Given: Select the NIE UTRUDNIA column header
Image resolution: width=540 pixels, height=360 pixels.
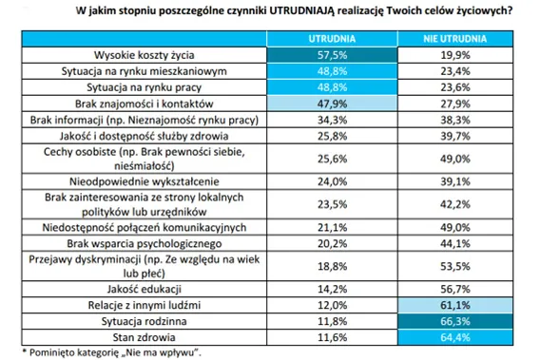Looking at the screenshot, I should (x=456, y=39).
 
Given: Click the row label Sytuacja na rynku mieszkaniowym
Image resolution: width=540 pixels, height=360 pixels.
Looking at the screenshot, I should (x=142, y=71).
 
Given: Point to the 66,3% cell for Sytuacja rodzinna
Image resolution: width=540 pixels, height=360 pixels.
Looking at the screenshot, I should (x=456, y=322).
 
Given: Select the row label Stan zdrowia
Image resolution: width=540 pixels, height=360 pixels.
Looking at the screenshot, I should (x=142, y=337).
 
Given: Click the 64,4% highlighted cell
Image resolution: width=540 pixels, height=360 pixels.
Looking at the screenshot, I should (x=456, y=337).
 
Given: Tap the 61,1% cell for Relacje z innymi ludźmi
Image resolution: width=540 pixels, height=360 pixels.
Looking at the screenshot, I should (x=456, y=306).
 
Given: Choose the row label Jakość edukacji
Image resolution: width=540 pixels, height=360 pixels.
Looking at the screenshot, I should (x=142, y=290).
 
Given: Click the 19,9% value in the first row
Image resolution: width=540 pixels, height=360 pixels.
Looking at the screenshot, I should (x=456, y=55).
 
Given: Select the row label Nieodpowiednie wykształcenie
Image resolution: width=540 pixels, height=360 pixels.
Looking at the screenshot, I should (x=142, y=180).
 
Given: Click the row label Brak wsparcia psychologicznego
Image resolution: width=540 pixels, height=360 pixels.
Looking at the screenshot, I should (x=142, y=242).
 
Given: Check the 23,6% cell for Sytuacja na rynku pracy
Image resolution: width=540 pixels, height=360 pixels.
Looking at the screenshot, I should (x=456, y=86).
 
